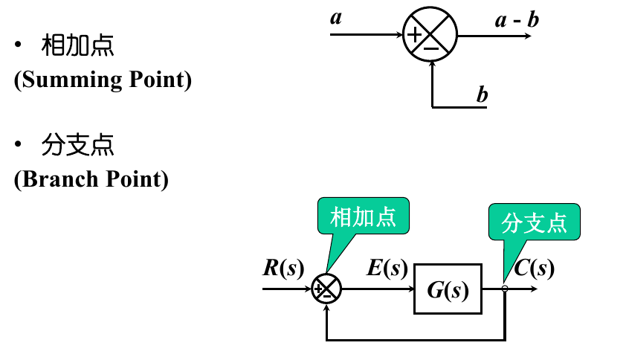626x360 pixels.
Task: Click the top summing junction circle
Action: click(x=430, y=35)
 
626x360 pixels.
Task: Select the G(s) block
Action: click(x=448, y=289)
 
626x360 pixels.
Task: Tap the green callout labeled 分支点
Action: click(x=534, y=222)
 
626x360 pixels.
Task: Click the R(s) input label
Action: click(x=283, y=268)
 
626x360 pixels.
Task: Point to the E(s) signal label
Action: click(x=387, y=268)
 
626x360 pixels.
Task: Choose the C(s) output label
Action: click(x=534, y=268)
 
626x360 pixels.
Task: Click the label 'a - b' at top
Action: click(x=517, y=19)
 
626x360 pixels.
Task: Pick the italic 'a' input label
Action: click(x=336, y=16)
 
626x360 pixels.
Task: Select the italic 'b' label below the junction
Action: click(x=482, y=94)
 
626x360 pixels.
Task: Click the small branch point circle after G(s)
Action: click(x=505, y=289)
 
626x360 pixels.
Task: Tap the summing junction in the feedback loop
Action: click(x=326, y=289)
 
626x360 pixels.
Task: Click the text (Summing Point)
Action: click(x=103, y=80)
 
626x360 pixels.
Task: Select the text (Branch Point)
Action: click(x=91, y=179)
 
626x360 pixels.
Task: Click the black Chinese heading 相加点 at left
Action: click(x=77, y=46)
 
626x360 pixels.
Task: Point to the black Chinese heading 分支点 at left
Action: click(x=77, y=146)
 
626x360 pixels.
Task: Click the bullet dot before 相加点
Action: click(x=19, y=46)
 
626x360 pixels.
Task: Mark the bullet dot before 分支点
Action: click(x=19, y=146)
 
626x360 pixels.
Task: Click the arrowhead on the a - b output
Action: click(x=527, y=35)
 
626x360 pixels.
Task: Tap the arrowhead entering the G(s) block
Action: click(x=410, y=289)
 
